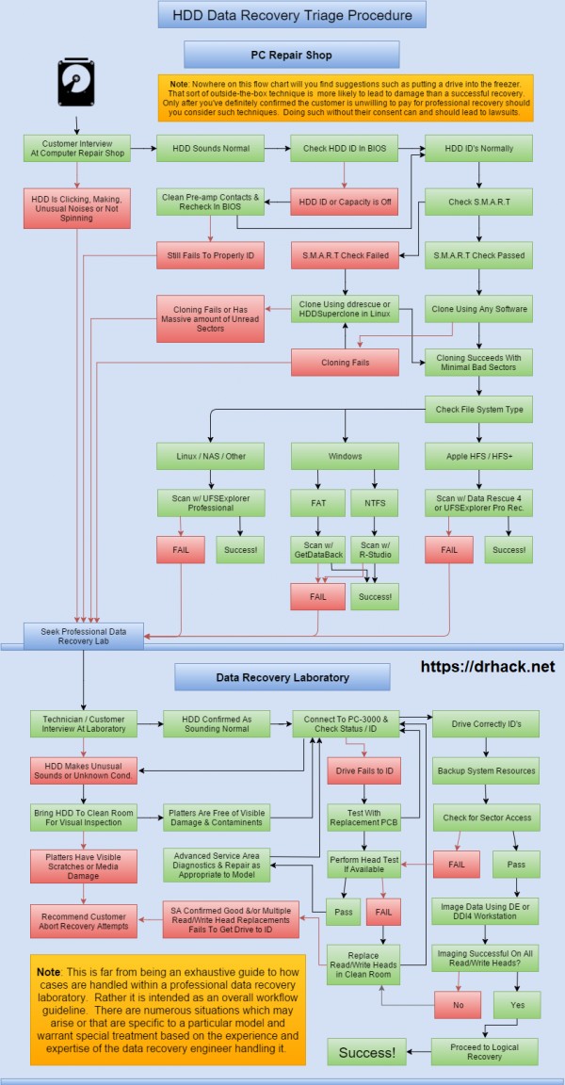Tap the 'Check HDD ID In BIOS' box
point(345,148)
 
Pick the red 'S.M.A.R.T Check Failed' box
point(345,254)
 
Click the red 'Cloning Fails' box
point(345,361)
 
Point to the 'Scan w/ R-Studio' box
point(374,549)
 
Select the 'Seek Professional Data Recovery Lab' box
point(83,635)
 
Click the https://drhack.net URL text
point(488,666)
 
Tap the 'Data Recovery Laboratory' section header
point(282,677)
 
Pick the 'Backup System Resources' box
point(486,770)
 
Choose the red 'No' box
point(458,1005)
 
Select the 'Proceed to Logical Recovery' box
point(486,1050)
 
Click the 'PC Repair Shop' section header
point(291,55)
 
